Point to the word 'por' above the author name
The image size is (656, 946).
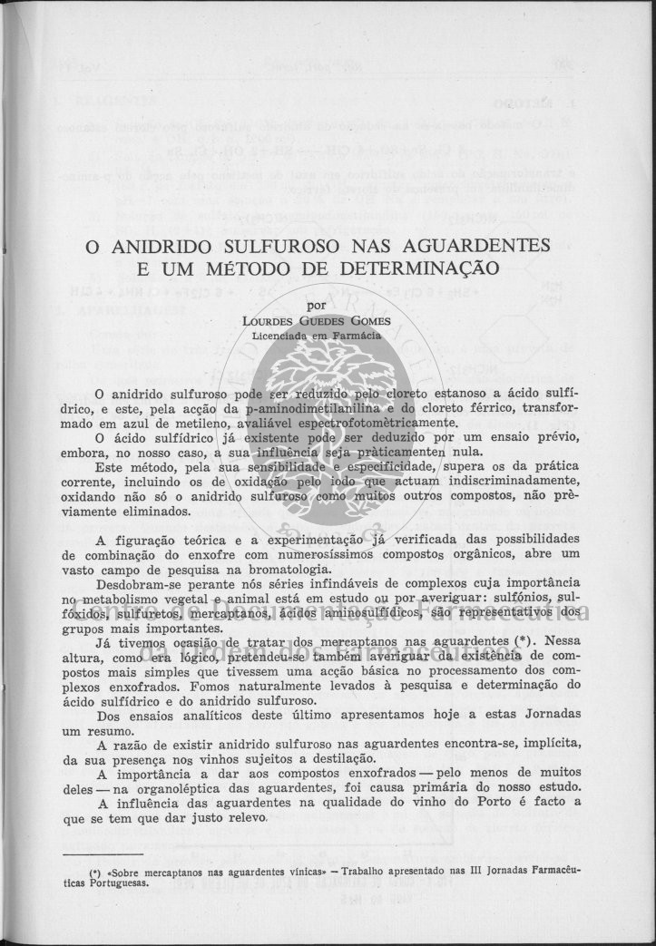click(317, 306)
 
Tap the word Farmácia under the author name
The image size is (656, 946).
click(355, 334)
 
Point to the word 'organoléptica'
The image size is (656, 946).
click(156, 787)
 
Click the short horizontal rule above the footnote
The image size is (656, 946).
click(103, 853)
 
